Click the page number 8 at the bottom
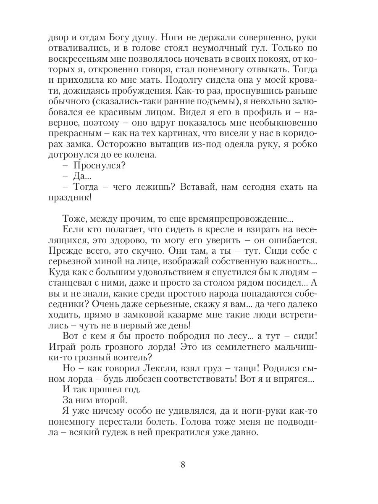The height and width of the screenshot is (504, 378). (x=183, y=465)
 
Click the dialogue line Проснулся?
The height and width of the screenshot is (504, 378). (x=99, y=165)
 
